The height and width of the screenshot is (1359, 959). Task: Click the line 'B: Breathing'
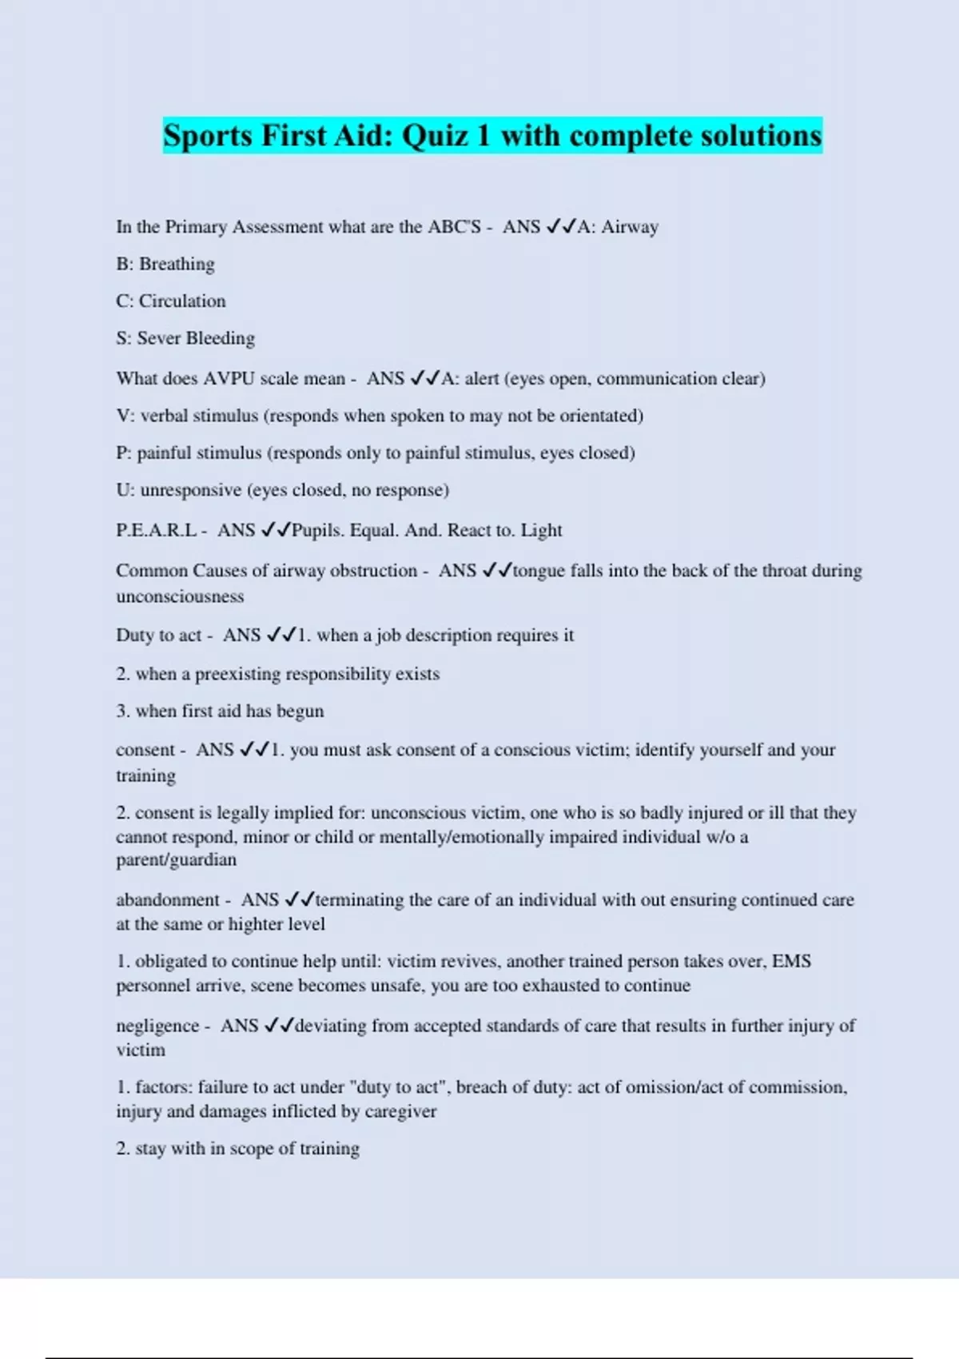pos(165,264)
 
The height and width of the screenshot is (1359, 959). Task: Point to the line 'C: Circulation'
pos(171,301)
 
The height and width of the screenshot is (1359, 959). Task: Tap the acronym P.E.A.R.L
pos(156,531)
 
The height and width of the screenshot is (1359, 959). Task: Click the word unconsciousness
pos(180,596)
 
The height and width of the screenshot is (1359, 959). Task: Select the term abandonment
pos(167,900)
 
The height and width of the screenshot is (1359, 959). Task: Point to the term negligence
pos(157,1026)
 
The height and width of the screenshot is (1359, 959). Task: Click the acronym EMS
pos(791,961)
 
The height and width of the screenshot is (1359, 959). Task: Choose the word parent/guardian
pos(176,860)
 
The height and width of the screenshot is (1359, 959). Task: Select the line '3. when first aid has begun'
pos(220,711)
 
